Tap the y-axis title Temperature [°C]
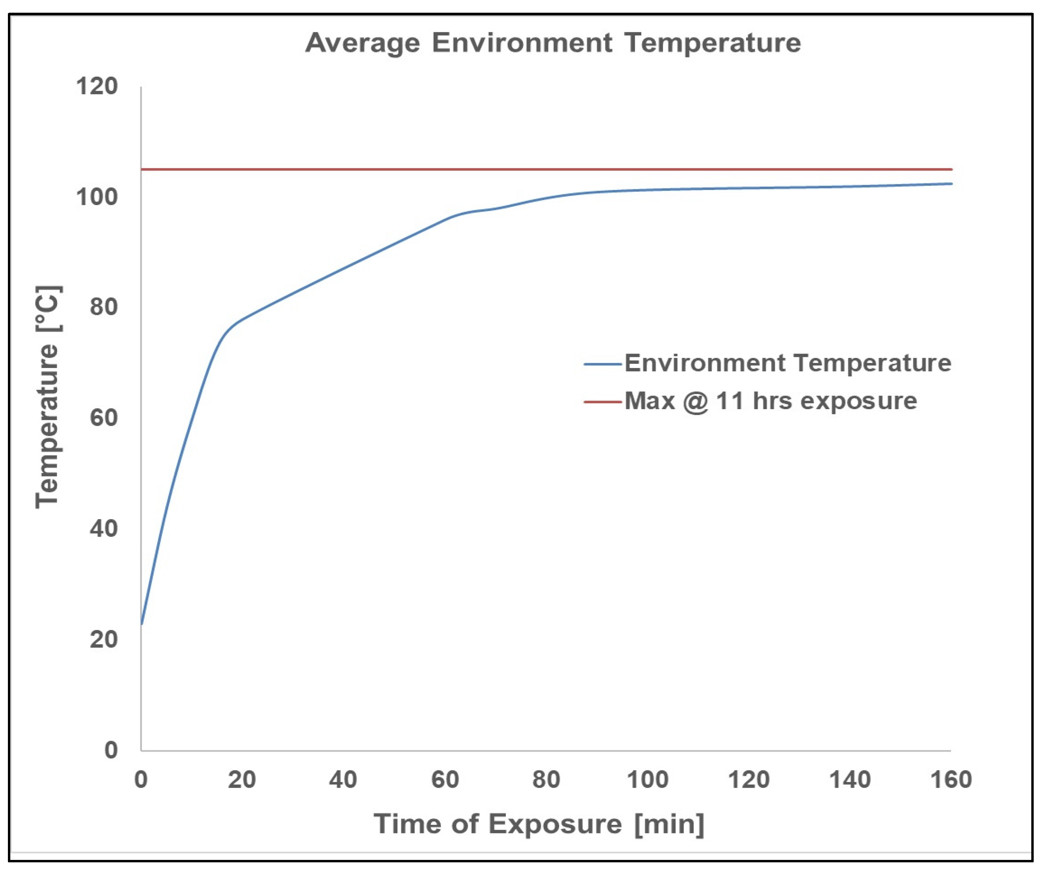click(48, 396)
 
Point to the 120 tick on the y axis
click(97, 86)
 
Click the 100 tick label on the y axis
click(97, 197)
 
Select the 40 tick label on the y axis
click(104, 528)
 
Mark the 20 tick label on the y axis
click(104, 639)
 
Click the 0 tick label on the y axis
click(111, 750)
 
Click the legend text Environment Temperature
click(788, 363)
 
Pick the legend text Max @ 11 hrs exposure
click(770, 401)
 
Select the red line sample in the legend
click(602, 402)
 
